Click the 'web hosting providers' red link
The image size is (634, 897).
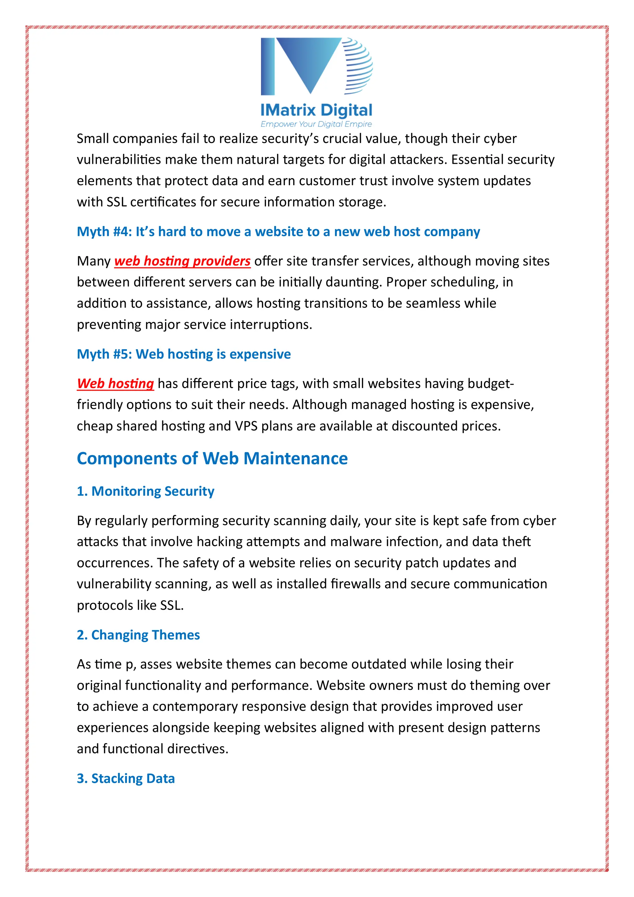[182, 261]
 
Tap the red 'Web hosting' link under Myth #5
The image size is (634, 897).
[115, 384]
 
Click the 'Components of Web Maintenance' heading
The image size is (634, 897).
[212, 458]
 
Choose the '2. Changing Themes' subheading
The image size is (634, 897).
[138, 635]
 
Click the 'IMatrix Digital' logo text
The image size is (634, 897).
[316, 111]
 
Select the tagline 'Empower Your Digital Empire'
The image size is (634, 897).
[316, 124]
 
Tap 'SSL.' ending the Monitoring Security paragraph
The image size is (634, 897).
[172, 605]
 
